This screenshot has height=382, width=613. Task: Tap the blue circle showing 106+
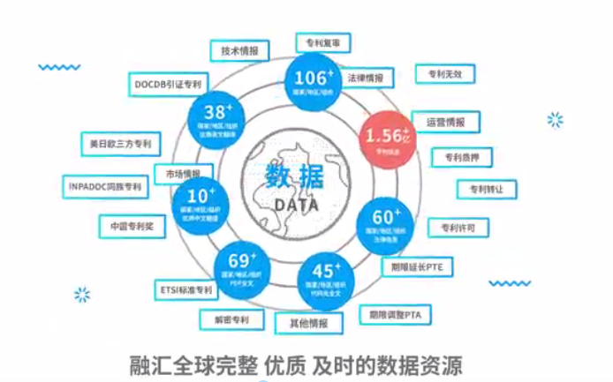[310, 84]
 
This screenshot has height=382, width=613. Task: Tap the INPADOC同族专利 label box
[105, 186]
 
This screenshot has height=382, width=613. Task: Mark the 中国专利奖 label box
[132, 226]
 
